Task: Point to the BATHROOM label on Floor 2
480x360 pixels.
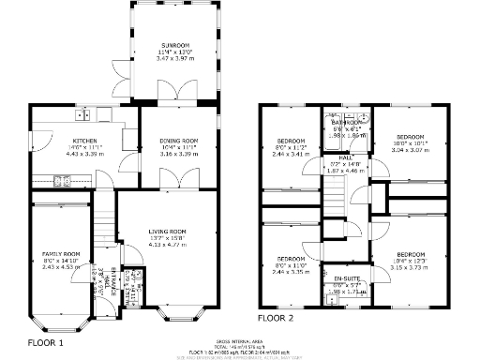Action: [348, 122]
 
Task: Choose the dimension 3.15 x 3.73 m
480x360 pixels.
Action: [410, 266]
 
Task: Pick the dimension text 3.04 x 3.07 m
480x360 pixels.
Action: [407, 149]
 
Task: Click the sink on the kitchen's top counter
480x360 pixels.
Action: [84, 116]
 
